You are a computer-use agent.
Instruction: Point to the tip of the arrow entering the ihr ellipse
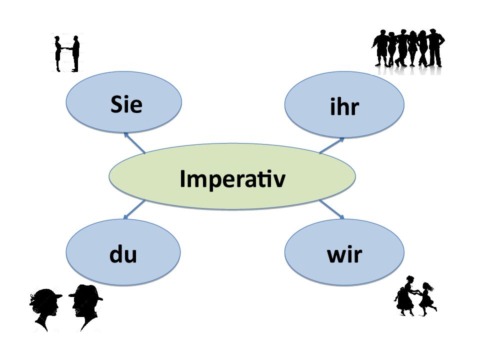point(344,138)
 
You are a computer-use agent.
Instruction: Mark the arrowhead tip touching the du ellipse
point(124,218)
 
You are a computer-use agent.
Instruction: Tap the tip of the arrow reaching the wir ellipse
point(344,219)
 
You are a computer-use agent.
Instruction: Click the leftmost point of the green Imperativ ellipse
point(109,176)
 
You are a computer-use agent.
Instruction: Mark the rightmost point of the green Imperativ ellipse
point(355,176)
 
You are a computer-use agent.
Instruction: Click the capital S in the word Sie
point(116,104)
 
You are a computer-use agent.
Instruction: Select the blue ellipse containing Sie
point(123,102)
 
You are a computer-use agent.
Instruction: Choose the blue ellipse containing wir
point(344,252)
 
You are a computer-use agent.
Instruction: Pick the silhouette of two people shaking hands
point(67,54)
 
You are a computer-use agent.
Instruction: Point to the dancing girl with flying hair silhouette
point(426,299)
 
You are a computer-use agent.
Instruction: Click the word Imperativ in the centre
point(232,178)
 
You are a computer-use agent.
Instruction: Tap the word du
point(123,254)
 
